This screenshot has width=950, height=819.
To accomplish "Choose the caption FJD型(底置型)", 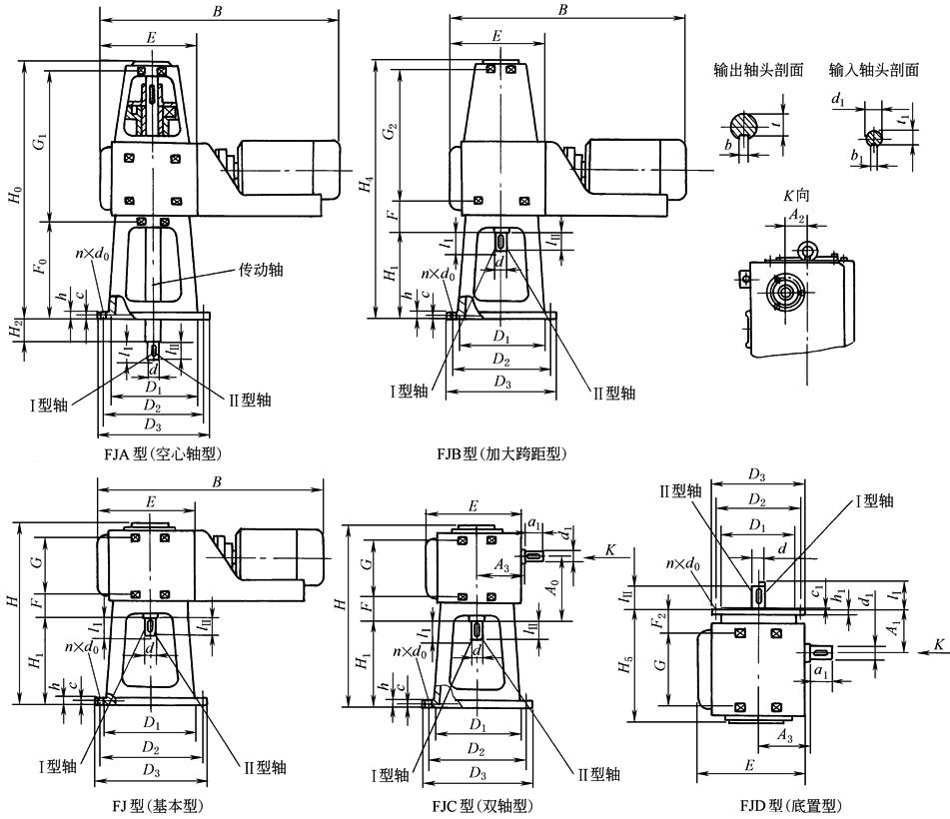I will pos(789,805).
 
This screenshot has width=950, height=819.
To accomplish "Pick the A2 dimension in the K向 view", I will pos(796,216).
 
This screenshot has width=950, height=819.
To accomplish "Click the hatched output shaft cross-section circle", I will pos(744,125).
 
